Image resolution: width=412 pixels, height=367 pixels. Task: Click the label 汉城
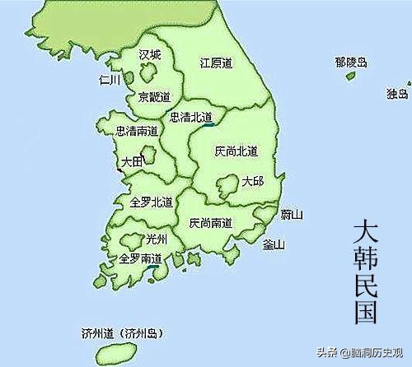[149, 54]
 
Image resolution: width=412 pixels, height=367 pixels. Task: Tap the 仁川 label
[109, 80]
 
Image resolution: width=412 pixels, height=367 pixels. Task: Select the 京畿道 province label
[154, 96]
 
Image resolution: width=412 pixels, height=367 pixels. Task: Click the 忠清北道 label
[190, 117]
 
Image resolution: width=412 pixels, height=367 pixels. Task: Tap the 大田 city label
[132, 162]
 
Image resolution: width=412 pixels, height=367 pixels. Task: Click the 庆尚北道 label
[236, 151]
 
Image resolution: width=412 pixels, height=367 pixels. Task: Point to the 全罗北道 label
[151, 202]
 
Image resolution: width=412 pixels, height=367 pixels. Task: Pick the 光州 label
[156, 239]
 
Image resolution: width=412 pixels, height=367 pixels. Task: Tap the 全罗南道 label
[140, 258]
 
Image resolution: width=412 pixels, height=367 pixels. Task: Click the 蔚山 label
[292, 215]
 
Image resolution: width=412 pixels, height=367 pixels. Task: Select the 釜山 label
[274, 244]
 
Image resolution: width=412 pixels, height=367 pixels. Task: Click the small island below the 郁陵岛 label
[352, 77]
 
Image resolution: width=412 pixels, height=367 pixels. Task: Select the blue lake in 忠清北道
[207, 125]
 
